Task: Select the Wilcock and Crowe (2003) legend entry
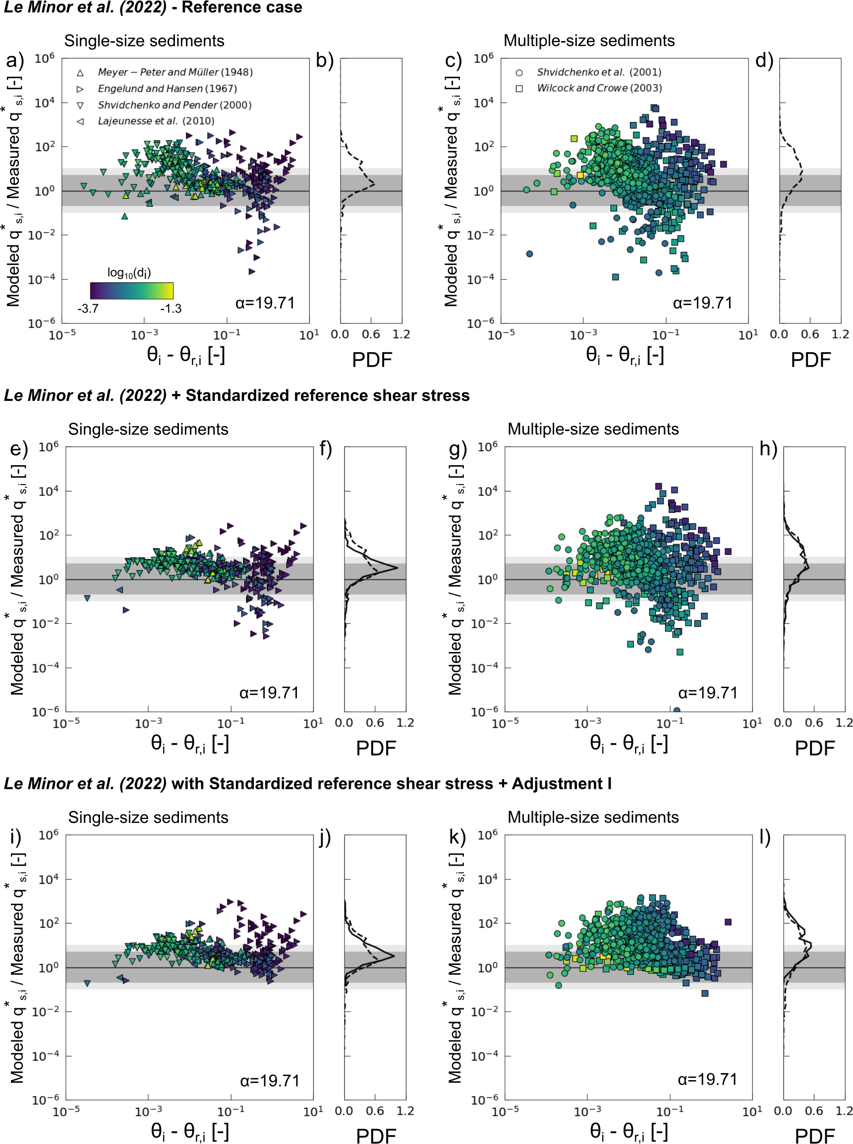click(599, 88)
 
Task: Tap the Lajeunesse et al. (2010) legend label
click(156, 121)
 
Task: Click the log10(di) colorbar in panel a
click(132, 290)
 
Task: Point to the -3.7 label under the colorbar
click(88, 309)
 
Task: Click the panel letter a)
click(15, 60)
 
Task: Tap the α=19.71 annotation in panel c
click(702, 302)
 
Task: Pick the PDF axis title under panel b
click(372, 360)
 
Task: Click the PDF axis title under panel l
click(814, 1136)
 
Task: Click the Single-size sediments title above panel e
click(148, 430)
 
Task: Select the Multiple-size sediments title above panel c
click(589, 41)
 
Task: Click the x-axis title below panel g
click(628, 744)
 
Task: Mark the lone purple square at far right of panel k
click(728, 922)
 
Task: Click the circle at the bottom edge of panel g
click(677, 710)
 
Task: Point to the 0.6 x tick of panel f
click(374, 722)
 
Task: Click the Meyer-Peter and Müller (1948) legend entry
click(175, 72)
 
